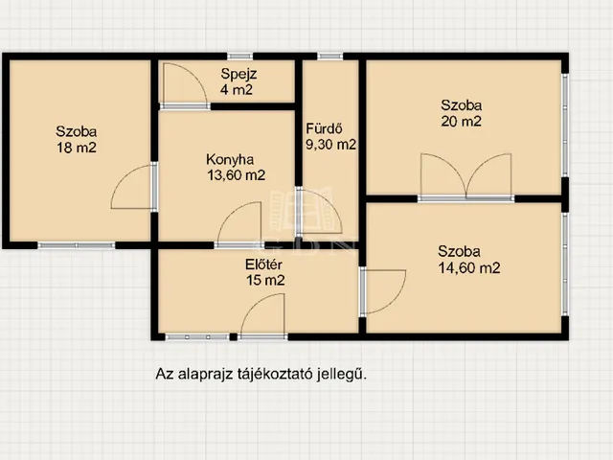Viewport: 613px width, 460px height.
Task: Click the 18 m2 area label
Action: click(x=76, y=148)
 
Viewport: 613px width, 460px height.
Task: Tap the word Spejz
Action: click(x=238, y=75)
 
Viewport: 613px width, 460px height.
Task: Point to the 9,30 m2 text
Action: click(x=330, y=145)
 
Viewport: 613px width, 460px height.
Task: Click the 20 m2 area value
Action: click(x=461, y=121)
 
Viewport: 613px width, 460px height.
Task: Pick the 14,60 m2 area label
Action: click(x=463, y=268)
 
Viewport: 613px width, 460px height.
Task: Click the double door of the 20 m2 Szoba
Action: click(x=465, y=179)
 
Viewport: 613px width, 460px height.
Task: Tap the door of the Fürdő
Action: click(x=313, y=213)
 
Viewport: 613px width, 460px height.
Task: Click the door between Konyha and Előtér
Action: click(x=239, y=225)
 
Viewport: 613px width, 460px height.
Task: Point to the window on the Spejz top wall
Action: click(x=239, y=56)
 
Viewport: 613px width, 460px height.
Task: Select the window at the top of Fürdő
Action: click(x=330, y=56)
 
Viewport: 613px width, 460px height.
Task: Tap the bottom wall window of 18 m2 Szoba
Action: click(x=76, y=245)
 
